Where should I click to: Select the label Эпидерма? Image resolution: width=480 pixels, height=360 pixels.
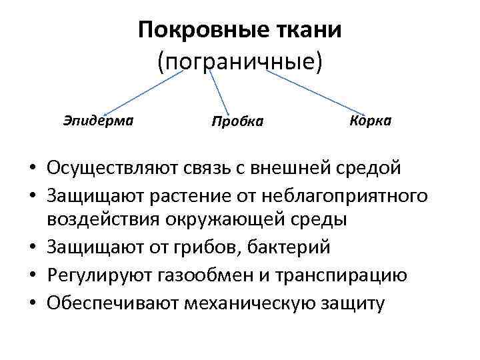[98, 121]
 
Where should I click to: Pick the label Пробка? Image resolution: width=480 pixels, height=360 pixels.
[237, 121]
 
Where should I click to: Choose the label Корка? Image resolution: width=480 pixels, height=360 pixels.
[370, 121]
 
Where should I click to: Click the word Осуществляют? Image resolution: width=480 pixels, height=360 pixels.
[108, 167]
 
